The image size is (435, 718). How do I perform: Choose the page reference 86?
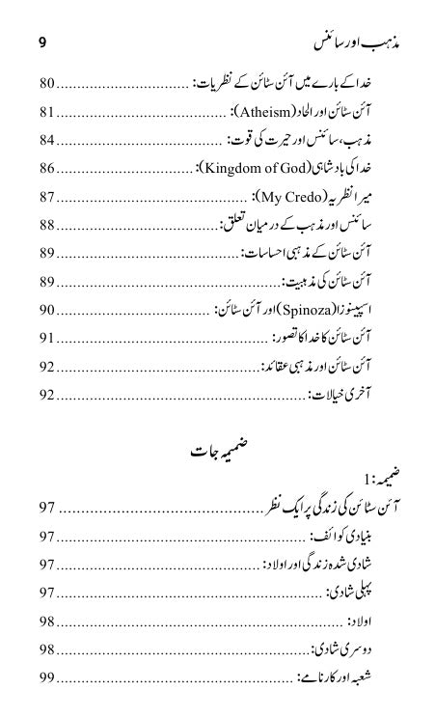(x=47, y=169)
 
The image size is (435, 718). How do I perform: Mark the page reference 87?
(x=47, y=198)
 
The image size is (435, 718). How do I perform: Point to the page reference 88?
(x=47, y=226)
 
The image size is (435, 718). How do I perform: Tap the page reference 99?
(x=47, y=678)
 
